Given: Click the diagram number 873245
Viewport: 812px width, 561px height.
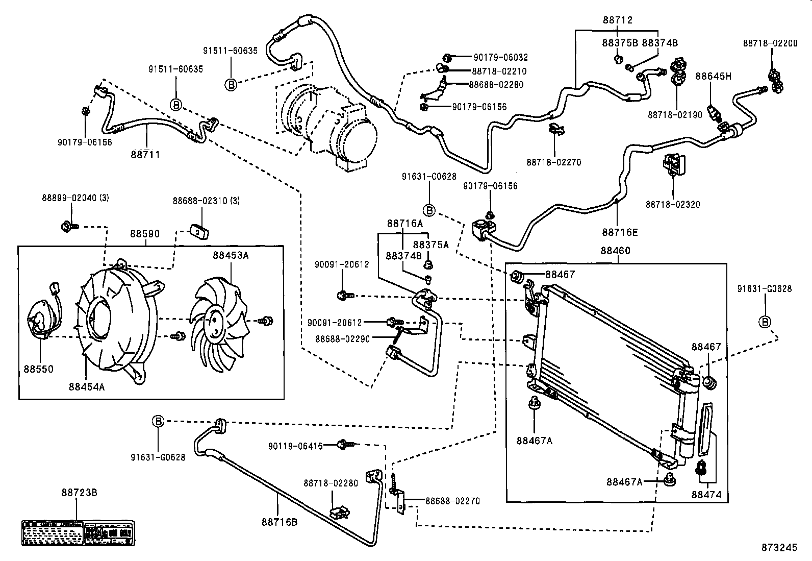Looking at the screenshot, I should pyautogui.click(x=779, y=547).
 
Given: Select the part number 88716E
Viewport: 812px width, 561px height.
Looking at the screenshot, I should pyautogui.click(x=620, y=232).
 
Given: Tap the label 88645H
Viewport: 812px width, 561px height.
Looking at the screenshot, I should pyautogui.click(x=713, y=77).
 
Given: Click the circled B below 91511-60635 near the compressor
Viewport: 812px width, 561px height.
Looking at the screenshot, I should pyautogui.click(x=231, y=85).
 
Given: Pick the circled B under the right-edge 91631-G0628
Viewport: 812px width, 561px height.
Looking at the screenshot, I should pyautogui.click(x=765, y=322).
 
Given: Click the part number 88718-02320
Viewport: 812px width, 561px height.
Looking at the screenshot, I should pyautogui.click(x=673, y=204).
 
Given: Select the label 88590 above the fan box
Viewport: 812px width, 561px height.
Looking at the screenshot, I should pyautogui.click(x=144, y=234).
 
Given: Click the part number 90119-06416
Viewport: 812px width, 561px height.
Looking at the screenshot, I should pyautogui.click(x=295, y=446).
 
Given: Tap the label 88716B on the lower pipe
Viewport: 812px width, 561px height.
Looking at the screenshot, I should pyautogui.click(x=279, y=522).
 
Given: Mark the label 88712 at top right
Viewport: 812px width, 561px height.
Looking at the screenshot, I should pyautogui.click(x=617, y=20).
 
